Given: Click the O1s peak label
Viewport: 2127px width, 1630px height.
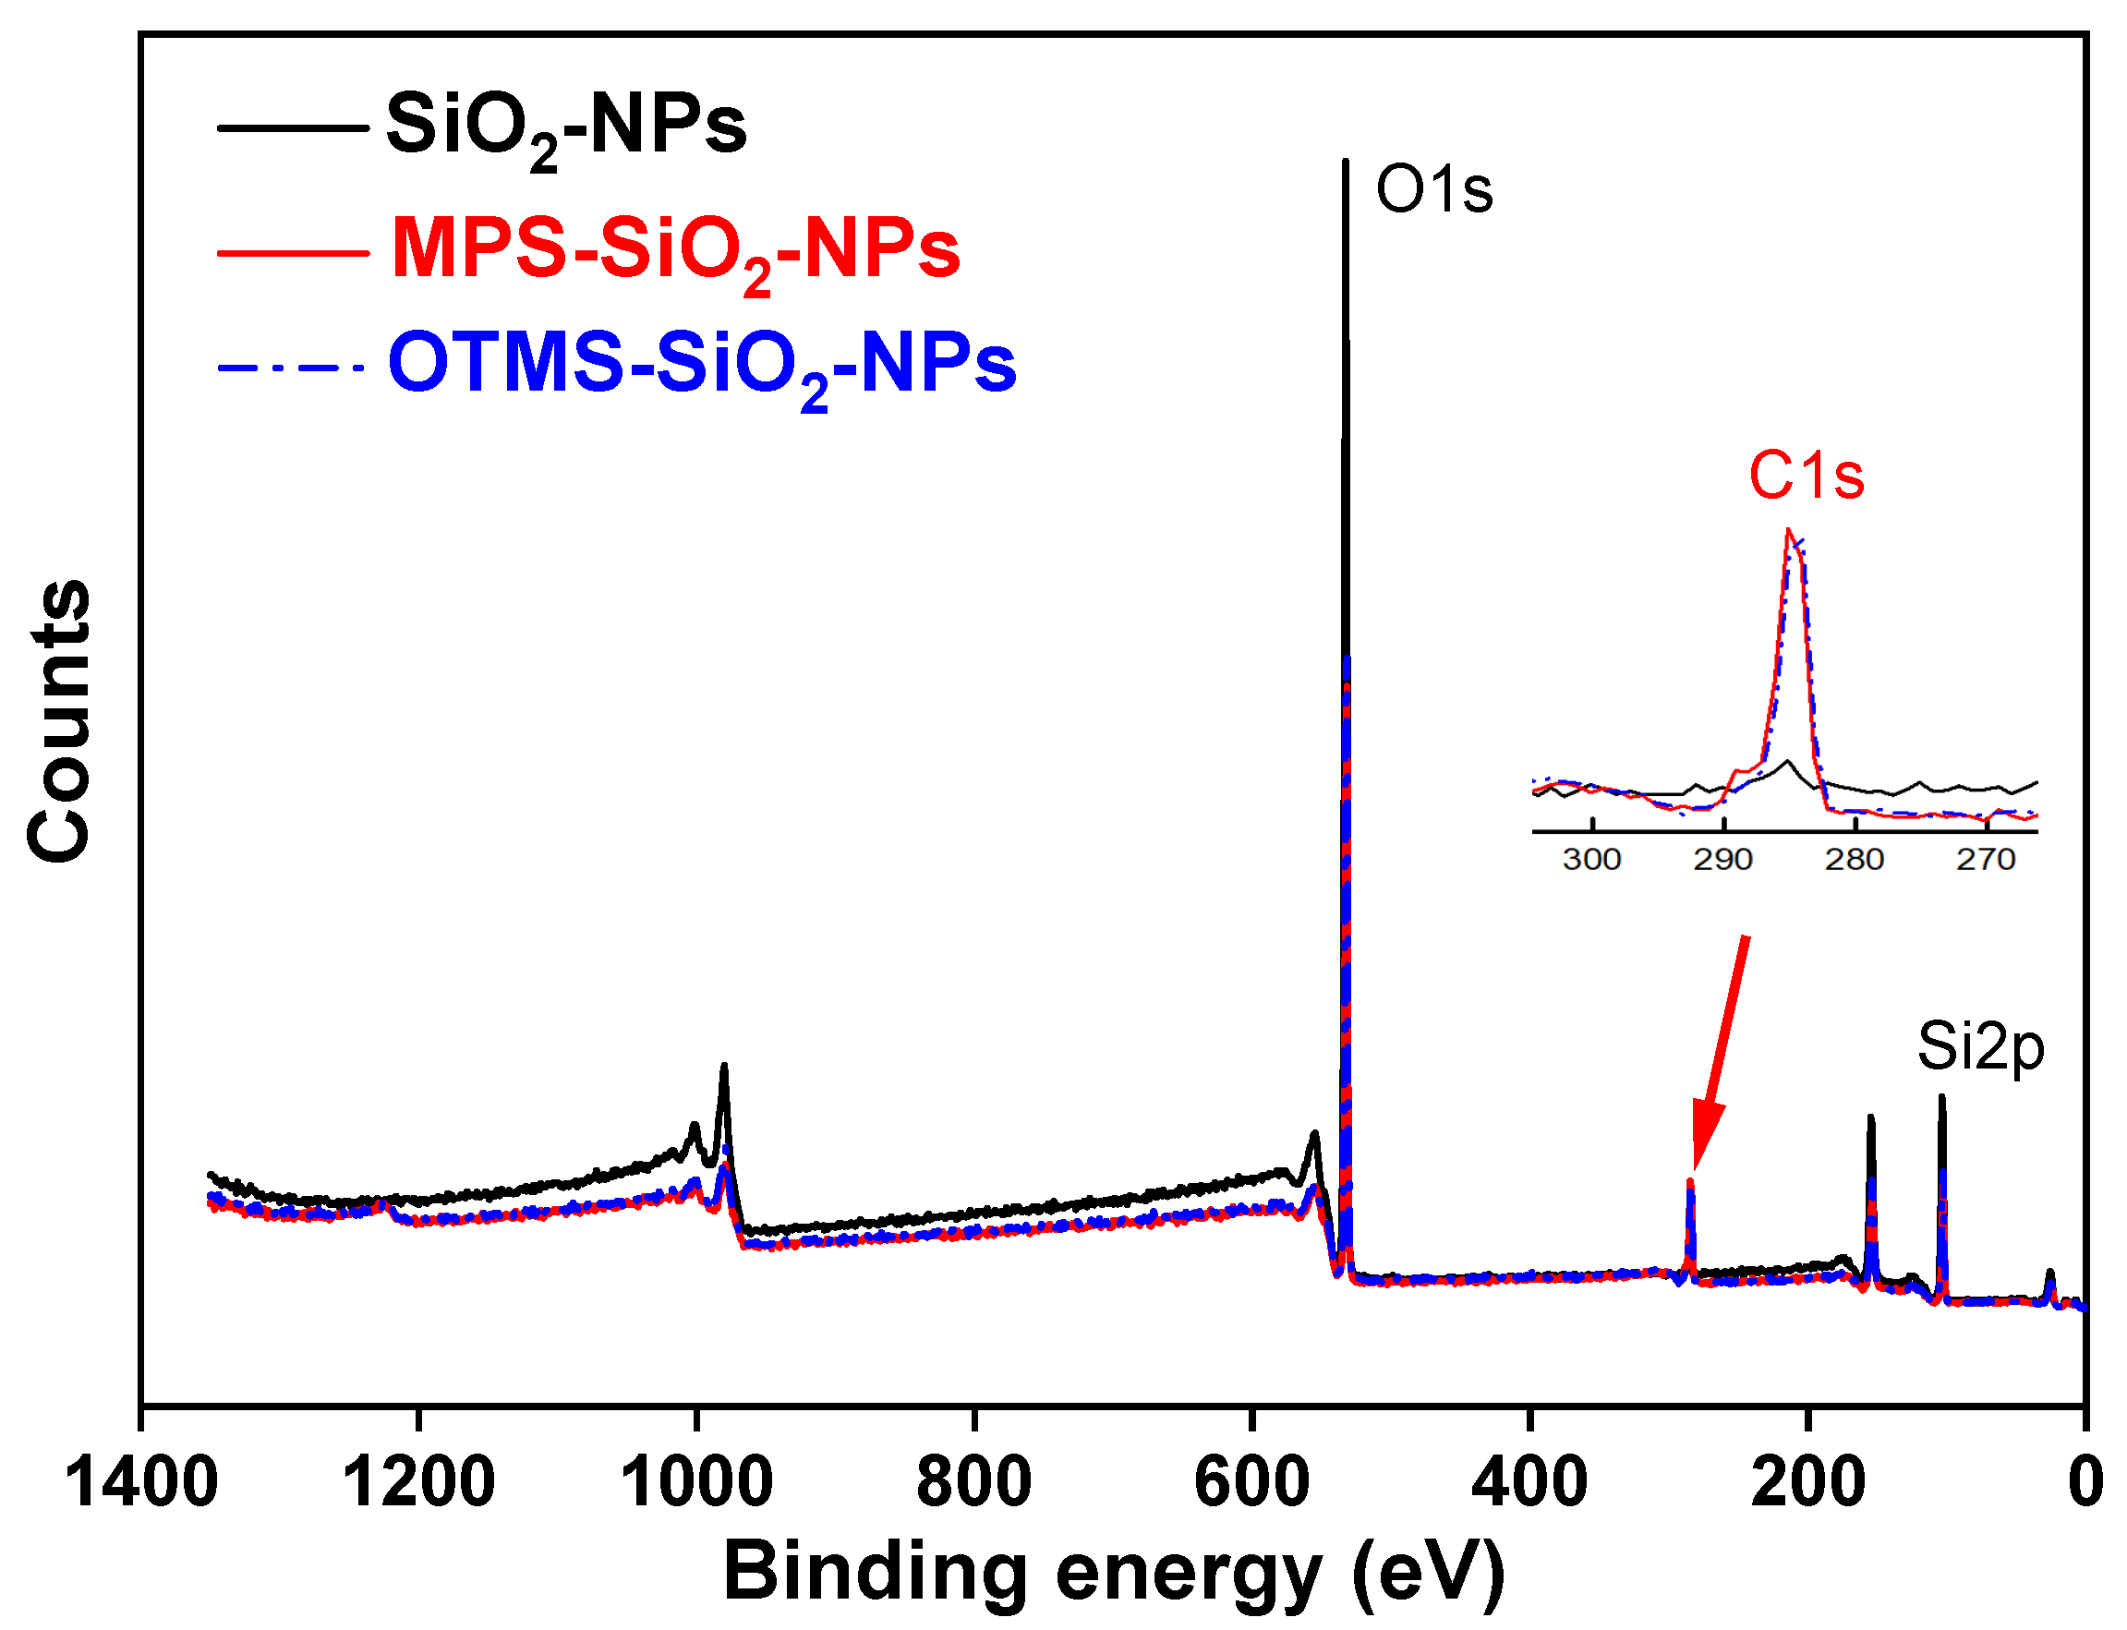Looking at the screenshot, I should [x=1433, y=190].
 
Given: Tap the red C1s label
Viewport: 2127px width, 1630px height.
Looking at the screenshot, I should [x=1806, y=477].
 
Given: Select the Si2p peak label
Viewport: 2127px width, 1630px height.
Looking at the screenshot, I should [x=1980, y=1048].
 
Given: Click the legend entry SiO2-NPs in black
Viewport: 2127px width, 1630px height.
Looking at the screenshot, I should [x=566, y=127].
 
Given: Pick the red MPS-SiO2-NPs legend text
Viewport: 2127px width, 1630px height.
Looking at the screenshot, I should [x=674, y=250].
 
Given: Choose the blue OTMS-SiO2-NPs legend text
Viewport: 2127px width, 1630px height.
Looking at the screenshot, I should [x=702, y=365].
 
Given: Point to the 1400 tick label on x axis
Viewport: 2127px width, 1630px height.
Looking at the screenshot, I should [x=141, y=1482].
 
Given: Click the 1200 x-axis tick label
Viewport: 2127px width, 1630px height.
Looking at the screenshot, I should [x=418, y=1482].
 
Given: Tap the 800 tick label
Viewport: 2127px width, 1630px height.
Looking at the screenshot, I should [x=973, y=1482].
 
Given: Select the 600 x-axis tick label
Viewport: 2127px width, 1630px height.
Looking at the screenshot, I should [x=1251, y=1482].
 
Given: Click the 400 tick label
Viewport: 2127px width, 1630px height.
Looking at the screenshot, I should [x=1529, y=1482].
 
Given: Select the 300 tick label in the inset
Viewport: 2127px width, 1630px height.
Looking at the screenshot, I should [x=1591, y=860].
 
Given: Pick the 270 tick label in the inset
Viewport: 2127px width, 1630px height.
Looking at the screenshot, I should [x=1986, y=860].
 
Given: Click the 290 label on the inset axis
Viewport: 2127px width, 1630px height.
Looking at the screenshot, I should [x=1722, y=860].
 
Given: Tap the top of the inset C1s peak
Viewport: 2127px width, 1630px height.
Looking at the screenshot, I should [x=1788, y=532].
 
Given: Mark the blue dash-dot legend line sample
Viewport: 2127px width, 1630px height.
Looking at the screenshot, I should [x=291, y=368].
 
